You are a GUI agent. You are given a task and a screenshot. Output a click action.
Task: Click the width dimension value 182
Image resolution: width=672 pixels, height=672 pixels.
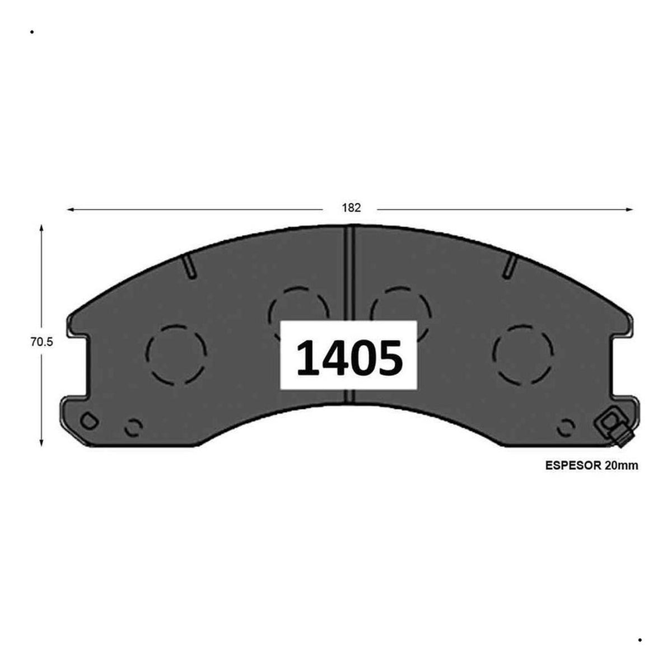click(351, 208)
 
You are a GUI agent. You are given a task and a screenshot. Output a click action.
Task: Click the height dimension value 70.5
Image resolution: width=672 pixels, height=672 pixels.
click(42, 342)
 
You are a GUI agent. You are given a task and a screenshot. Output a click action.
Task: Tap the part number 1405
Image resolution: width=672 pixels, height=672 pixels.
click(349, 358)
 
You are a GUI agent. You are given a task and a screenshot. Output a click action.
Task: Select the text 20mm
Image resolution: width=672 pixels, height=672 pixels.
click(622, 466)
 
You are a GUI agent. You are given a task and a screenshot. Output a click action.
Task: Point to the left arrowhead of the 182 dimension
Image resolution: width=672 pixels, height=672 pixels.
click(70, 209)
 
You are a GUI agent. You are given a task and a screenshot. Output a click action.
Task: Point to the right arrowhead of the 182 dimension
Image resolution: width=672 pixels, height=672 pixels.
click(629, 209)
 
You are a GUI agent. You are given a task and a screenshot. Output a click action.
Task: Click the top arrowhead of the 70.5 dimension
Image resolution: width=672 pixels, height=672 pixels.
click(41, 228)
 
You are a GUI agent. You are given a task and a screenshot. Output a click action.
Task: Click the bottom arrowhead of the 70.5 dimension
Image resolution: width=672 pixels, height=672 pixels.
click(41, 443)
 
